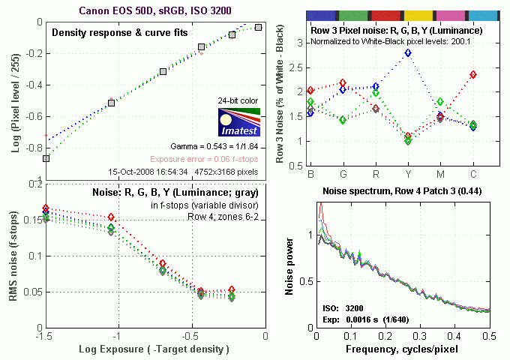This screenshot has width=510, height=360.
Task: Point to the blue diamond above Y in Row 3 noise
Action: coord(408,53)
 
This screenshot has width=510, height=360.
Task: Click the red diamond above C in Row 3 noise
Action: coord(473,75)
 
